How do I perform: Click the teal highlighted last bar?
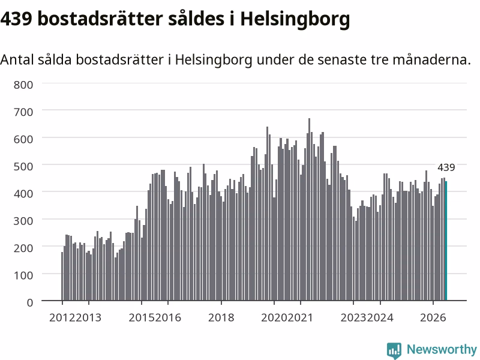pos(446,241)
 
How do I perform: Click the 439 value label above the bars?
pos(446,167)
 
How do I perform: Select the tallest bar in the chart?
pos(309,209)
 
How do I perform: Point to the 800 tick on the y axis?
pos(23,85)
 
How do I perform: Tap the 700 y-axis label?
pos(23,112)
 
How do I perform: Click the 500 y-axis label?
pos(23,167)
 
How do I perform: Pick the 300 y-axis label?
pos(23,221)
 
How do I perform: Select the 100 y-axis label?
pos(23,275)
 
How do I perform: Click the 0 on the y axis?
pos(30,302)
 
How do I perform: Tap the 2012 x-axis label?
pos(62,317)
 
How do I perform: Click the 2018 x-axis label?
pos(221,317)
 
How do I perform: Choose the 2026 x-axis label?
pos(433,317)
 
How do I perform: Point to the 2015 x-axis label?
pos(142,317)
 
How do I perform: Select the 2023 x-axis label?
pos(353,317)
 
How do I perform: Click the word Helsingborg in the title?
pos(295,20)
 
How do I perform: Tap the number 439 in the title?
pos(16,19)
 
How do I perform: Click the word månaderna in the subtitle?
pos(431,59)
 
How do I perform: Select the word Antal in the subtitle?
pos(17,59)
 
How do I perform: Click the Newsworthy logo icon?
pos(394,350)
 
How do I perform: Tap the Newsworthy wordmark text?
pos(442,349)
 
